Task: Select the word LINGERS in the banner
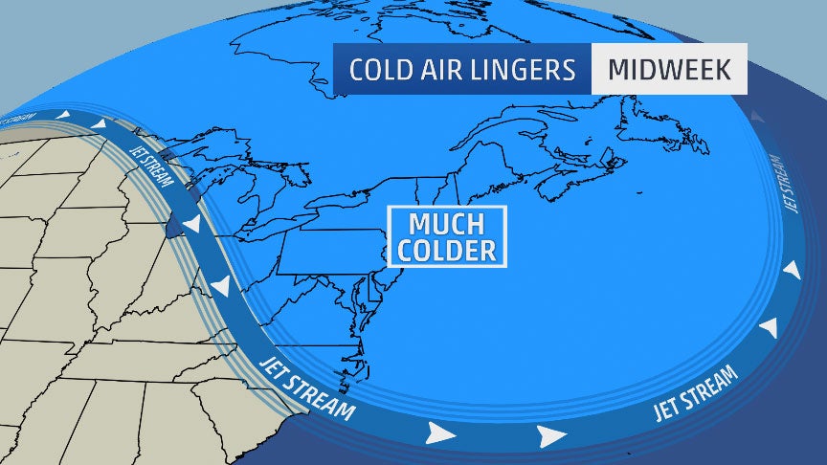[x=532, y=70]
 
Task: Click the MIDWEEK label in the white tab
[x=669, y=70]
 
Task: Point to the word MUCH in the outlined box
[x=447, y=226]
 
